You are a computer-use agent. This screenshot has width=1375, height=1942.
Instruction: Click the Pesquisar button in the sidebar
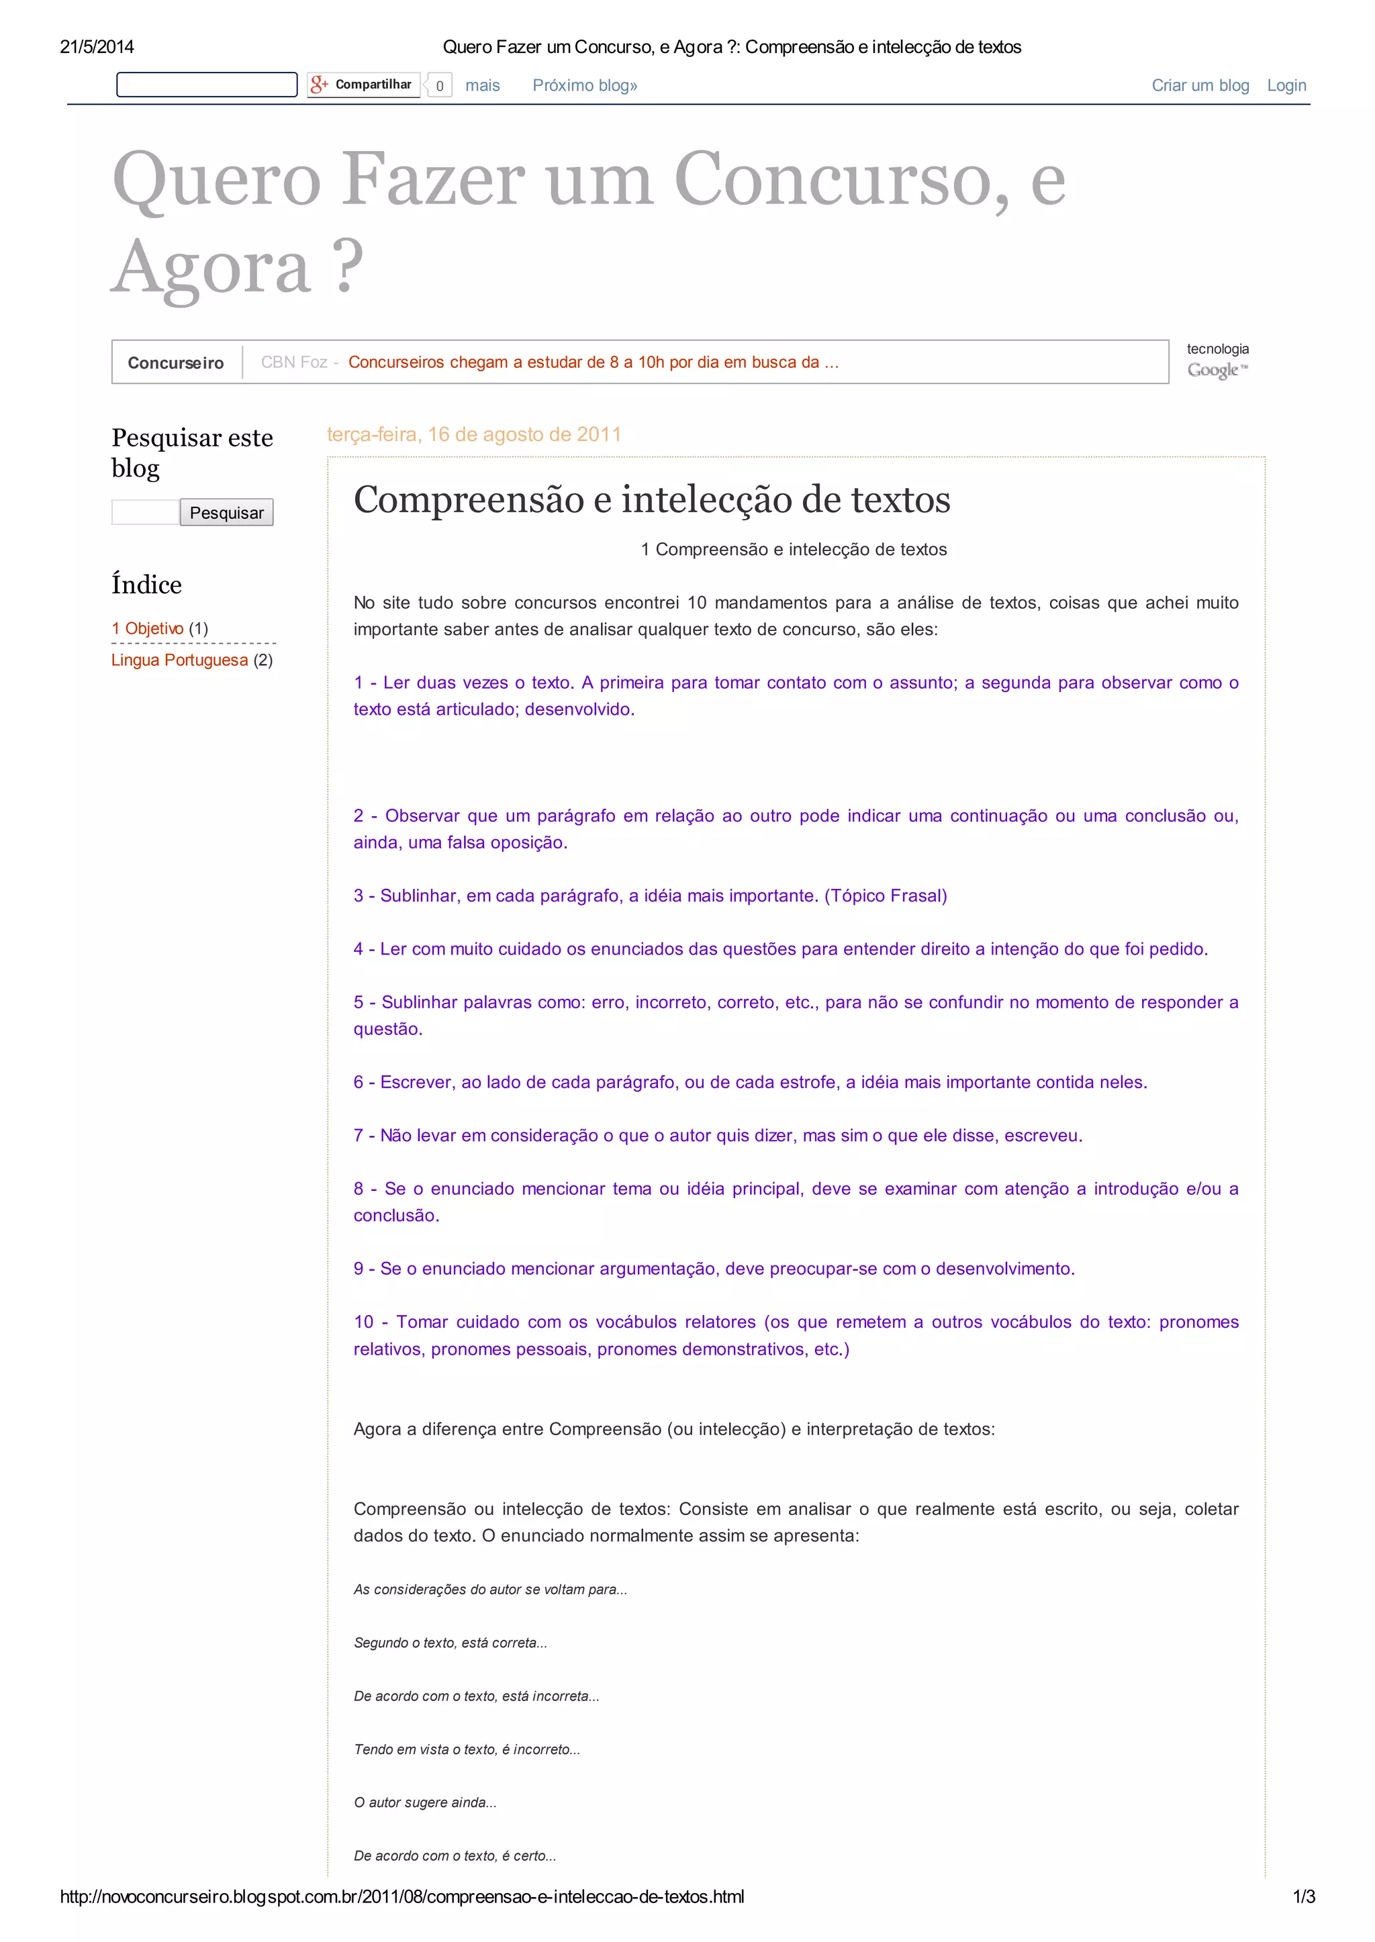click(226, 512)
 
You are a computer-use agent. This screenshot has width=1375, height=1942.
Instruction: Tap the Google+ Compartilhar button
click(363, 85)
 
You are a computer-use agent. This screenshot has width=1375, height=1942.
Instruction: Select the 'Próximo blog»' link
click(584, 85)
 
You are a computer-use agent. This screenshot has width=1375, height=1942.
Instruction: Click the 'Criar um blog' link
click(1200, 85)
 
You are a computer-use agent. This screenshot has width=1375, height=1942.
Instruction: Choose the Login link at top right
click(1286, 85)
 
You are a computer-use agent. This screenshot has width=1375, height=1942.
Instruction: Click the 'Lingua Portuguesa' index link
click(179, 661)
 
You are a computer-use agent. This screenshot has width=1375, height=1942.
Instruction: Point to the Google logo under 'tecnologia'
click(1217, 370)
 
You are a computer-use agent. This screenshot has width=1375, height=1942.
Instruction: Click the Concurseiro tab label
click(176, 362)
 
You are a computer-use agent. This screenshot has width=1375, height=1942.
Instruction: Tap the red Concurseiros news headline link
click(593, 362)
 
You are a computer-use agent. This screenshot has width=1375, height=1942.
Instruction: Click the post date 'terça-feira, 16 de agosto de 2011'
click(473, 434)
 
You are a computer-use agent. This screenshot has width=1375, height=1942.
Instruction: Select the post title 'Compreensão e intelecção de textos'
click(651, 499)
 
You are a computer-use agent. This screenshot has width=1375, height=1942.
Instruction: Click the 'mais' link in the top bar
click(483, 85)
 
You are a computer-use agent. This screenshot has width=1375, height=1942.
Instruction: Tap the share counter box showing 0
click(440, 85)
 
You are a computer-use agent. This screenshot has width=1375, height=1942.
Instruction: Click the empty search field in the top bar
click(207, 85)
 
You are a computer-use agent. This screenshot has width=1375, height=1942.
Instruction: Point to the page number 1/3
click(1303, 1897)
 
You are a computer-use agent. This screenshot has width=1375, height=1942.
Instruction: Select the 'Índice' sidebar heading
click(146, 585)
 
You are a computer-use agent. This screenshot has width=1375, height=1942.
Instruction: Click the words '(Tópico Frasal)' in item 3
click(886, 895)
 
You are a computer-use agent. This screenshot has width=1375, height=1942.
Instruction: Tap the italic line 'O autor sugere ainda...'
click(425, 1802)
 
